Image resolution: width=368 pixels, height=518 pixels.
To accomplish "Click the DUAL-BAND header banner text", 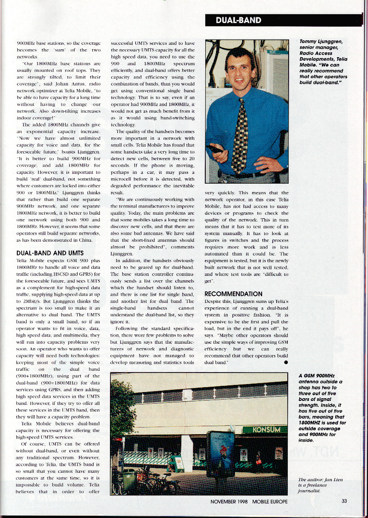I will [239, 20].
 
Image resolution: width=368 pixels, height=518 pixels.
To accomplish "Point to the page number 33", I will [344, 502].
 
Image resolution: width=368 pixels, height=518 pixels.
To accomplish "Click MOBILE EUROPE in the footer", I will [270, 502].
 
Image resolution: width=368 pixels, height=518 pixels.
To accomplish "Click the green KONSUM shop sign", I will [261, 430].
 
